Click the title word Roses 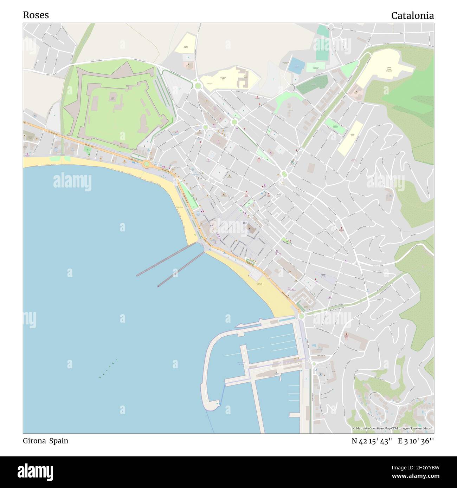click(x=36, y=15)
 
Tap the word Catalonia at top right click(x=412, y=16)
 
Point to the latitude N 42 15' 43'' click(x=372, y=441)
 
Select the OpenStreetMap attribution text click(x=393, y=428)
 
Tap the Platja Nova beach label click(x=179, y=207)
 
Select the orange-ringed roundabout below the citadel click(x=146, y=164)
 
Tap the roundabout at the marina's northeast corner click(x=301, y=316)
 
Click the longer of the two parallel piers click(x=167, y=260)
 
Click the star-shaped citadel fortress click(x=116, y=105)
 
